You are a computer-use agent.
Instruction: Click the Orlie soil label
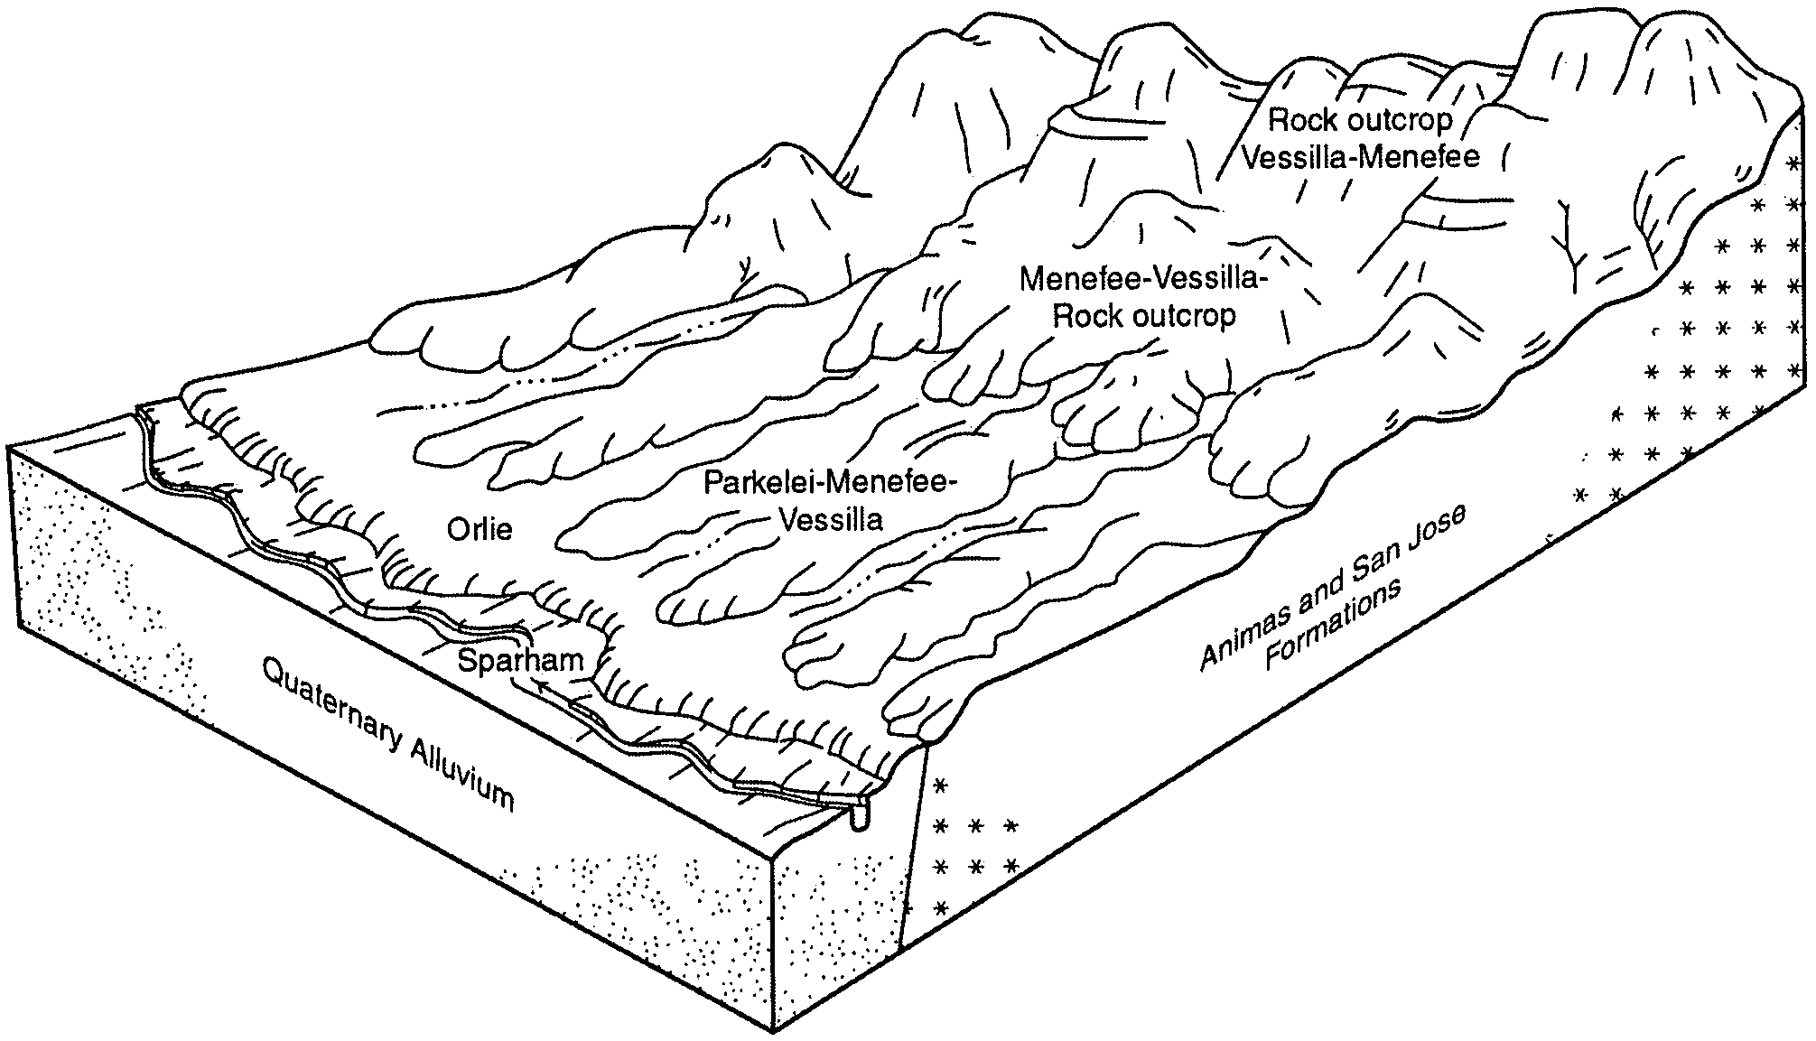click(x=480, y=529)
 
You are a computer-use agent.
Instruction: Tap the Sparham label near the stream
click(x=521, y=660)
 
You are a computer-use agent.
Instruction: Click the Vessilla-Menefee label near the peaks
click(x=1361, y=157)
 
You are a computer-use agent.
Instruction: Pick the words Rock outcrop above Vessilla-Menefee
click(x=1361, y=119)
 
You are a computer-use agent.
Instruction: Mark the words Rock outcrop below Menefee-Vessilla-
click(x=1145, y=317)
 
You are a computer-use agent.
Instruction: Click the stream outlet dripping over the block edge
click(x=860, y=816)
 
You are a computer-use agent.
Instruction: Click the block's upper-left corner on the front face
click(x=9, y=447)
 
